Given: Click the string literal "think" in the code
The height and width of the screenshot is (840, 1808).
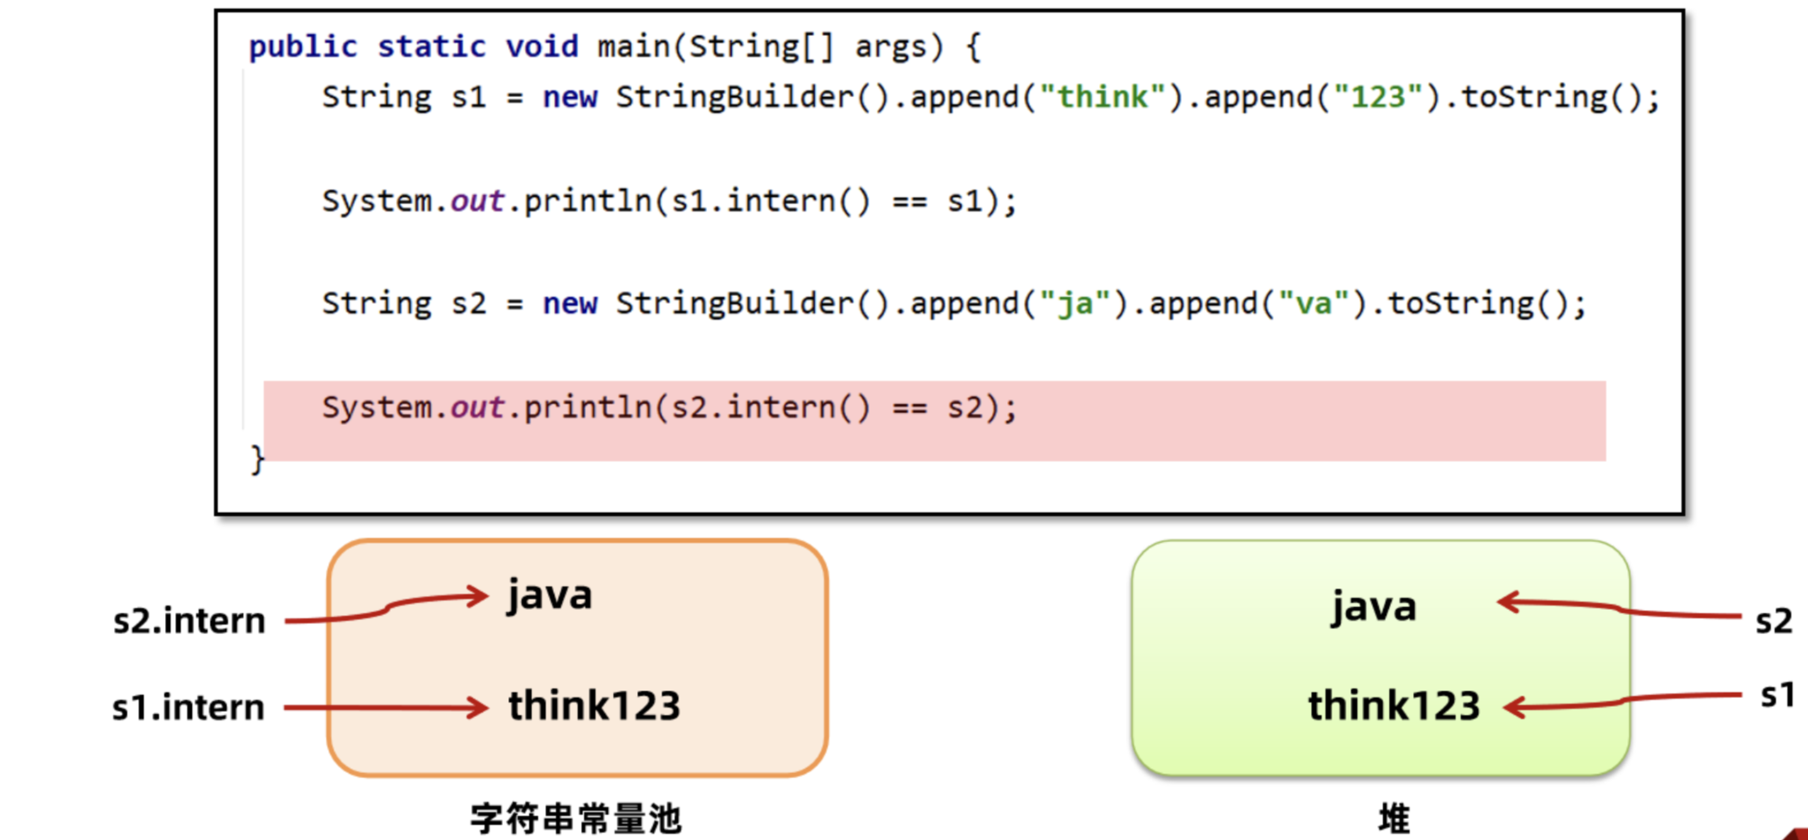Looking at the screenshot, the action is [1102, 97].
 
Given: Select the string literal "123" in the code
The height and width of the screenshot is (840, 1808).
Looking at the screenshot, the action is [1378, 97].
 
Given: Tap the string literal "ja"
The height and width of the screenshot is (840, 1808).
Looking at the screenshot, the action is [1076, 303].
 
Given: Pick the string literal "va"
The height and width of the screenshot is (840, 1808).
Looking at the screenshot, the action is [1313, 303].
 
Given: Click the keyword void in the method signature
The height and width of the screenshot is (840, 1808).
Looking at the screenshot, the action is [542, 46].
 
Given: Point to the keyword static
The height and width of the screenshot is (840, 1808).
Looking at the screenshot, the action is [431, 46].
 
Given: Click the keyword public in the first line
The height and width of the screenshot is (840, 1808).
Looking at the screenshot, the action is [303, 46].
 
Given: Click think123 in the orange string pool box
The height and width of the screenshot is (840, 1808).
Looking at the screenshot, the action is [594, 705].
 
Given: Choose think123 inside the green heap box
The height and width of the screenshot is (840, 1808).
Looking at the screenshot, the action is [1394, 705].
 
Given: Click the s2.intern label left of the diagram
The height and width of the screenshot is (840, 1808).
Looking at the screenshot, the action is [189, 621].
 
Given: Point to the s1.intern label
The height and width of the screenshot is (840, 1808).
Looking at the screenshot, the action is [188, 708].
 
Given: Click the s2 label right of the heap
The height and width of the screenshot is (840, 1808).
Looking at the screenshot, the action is [1774, 621].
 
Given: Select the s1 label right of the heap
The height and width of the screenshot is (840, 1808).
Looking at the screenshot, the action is [1777, 695].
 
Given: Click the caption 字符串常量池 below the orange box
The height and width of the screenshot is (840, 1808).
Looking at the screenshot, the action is [576, 818].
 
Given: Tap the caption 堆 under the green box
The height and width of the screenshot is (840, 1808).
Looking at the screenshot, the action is [1394, 818].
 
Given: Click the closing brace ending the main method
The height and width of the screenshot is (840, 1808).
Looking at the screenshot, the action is [258, 459].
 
